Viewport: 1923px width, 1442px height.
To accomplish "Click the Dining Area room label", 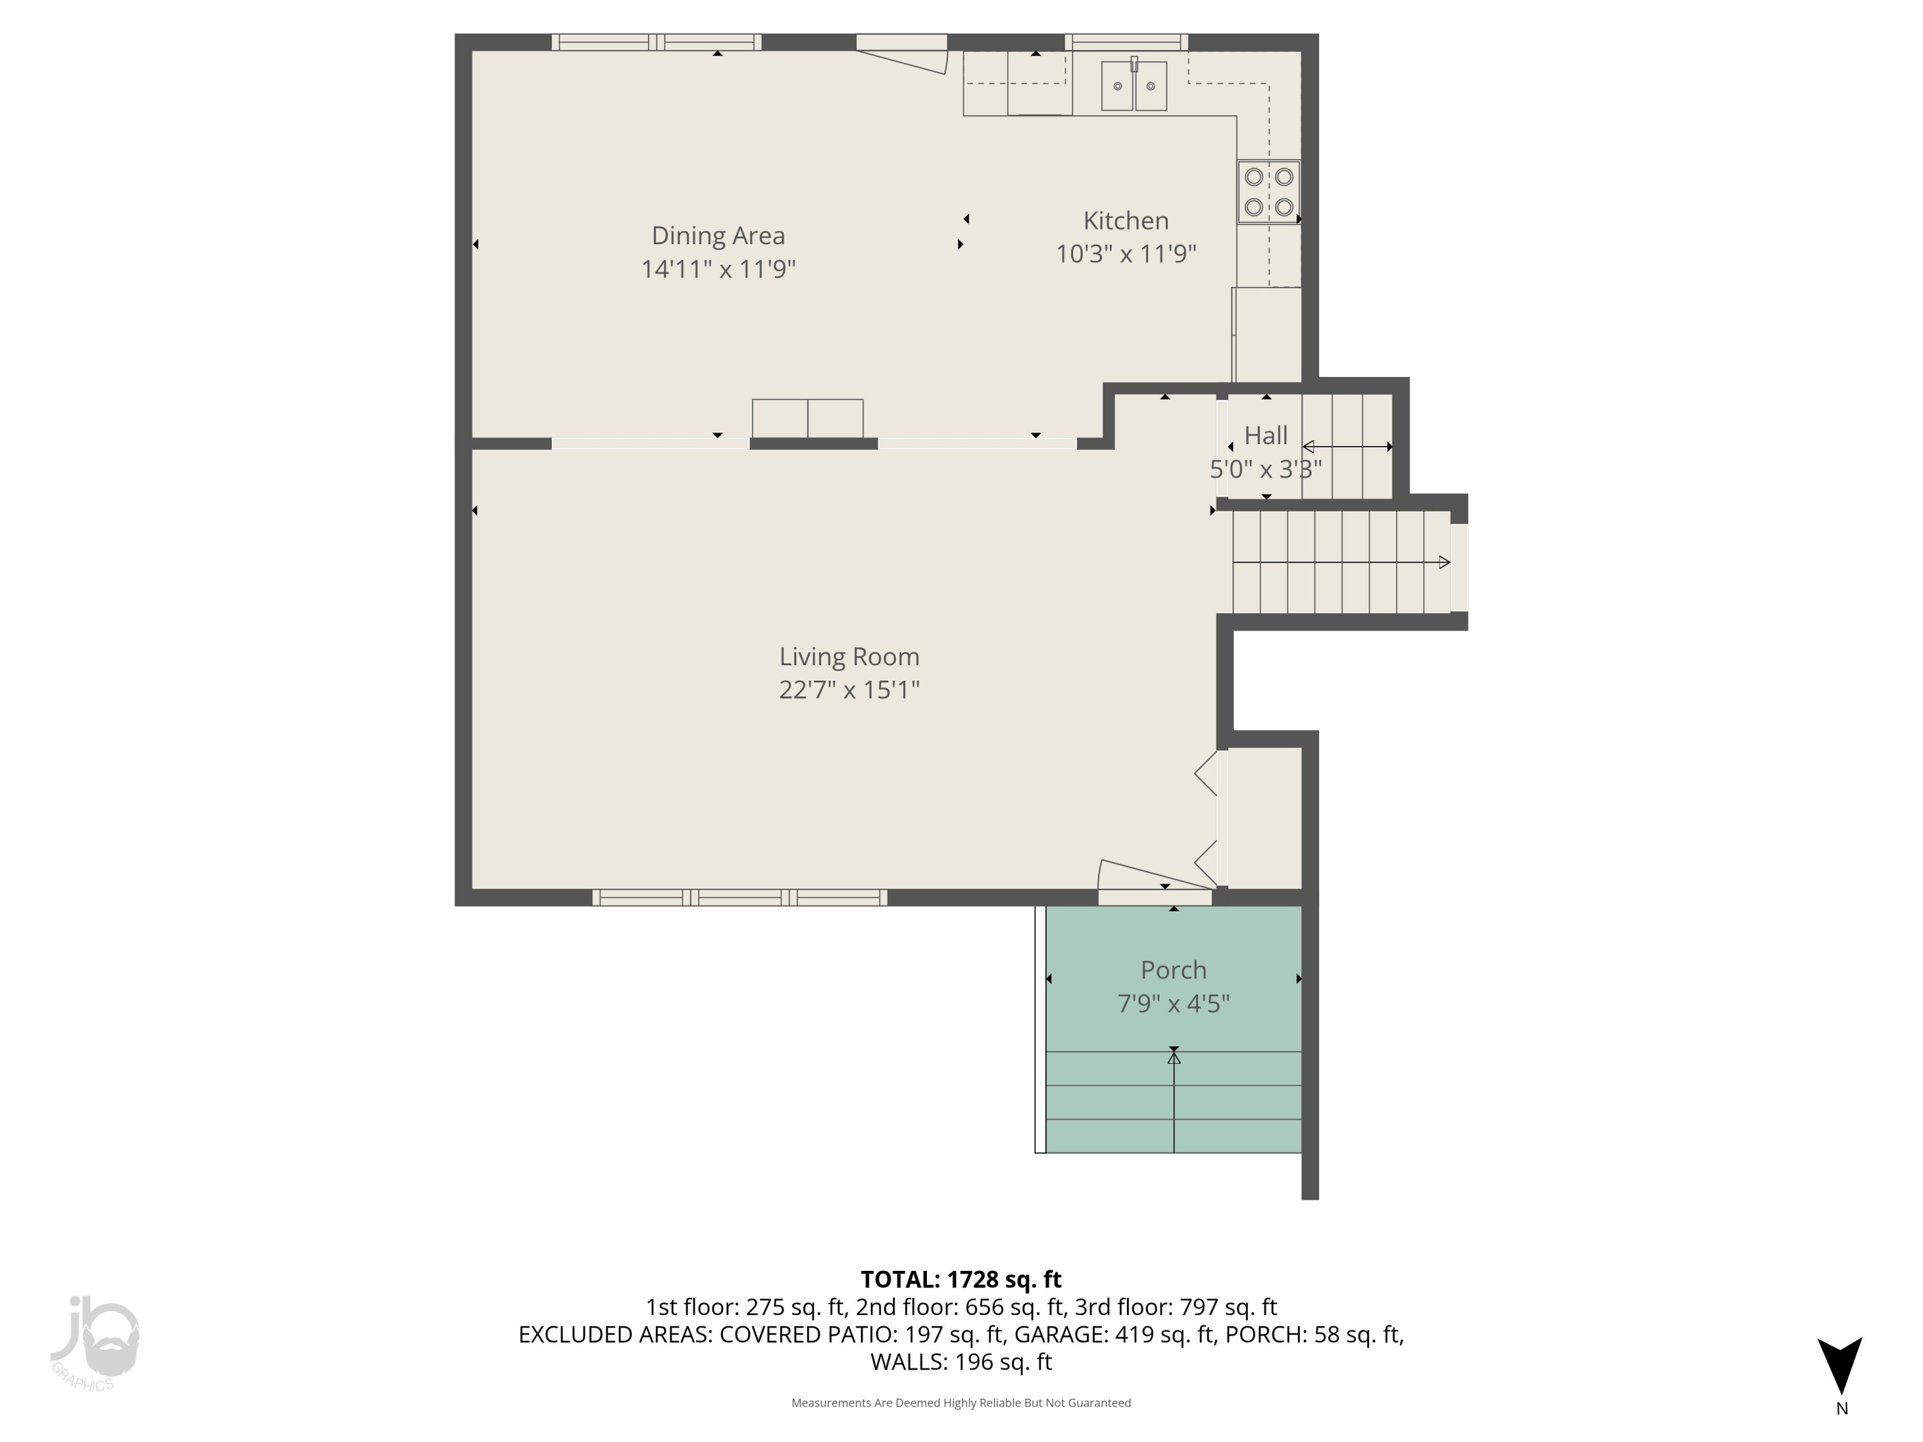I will (x=718, y=236).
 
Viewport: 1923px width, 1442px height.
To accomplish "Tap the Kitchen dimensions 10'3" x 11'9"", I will (x=1126, y=254).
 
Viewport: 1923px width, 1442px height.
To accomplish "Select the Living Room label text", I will (x=849, y=656).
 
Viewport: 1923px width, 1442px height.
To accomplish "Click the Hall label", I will (x=1266, y=435).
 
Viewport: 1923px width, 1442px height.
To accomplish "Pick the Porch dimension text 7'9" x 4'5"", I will (x=1173, y=1004).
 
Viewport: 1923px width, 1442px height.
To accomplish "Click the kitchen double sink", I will (x=1134, y=85).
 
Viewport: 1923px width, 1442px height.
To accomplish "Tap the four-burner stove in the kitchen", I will (x=1269, y=191).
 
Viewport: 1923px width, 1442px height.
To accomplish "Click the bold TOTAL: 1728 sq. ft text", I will (x=961, y=1279).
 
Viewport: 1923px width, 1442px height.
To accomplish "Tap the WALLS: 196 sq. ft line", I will (x=961, y=1362).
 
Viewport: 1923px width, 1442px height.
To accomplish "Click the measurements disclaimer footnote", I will (x=961, y=1403).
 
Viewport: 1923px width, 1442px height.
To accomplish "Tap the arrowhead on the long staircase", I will (x=1444, y=562).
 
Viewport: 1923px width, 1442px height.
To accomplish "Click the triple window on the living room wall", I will (x=740, y=898).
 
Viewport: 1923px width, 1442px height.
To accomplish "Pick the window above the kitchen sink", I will (x=1126, y=42).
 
